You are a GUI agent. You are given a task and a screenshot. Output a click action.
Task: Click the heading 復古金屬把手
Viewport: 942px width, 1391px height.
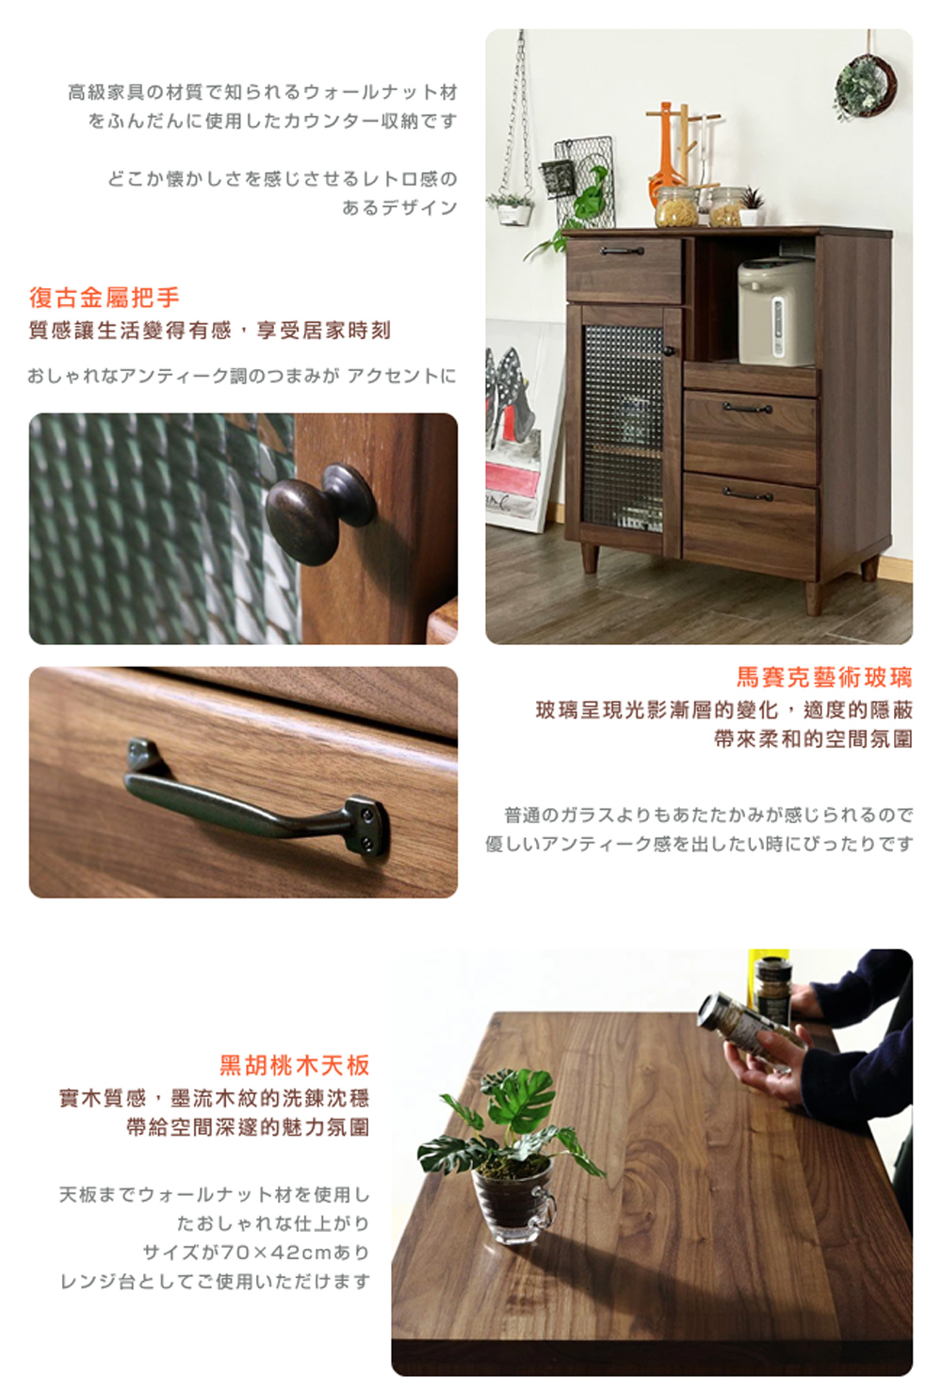105,299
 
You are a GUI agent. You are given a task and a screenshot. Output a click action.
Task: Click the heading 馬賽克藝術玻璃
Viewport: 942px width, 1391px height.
823,677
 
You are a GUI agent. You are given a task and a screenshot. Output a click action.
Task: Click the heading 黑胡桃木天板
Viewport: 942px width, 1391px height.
294,1065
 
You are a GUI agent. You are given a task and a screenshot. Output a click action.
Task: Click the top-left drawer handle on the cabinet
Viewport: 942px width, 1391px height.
622,251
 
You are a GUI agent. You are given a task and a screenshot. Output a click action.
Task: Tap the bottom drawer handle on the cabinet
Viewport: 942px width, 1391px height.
748,493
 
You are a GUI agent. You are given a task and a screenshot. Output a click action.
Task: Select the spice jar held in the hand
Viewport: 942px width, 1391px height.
754,1032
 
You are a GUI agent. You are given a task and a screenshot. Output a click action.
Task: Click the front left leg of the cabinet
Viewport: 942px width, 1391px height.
589,558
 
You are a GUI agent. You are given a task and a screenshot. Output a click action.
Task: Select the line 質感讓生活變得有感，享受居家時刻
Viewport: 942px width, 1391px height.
209,331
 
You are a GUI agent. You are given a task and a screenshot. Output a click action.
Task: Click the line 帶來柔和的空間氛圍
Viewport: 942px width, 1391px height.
813,739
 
